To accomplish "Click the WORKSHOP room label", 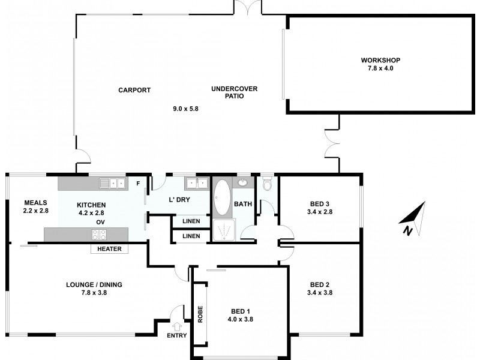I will point(380,60).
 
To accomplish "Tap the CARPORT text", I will point(134,90).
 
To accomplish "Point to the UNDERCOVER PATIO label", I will point(234,92).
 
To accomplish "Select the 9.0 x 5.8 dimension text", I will point(185,109).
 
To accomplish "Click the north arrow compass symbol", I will point(413,220).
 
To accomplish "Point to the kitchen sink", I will point(112,182).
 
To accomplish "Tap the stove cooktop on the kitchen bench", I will point(99,235).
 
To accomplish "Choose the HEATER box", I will point(109,249).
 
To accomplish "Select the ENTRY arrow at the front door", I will point(176,326).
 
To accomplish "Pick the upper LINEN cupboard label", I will point(191,221).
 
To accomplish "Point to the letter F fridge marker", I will point(137,183).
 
